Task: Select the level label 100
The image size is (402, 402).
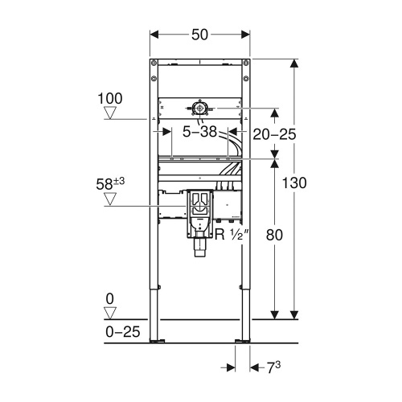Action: coord(110,99)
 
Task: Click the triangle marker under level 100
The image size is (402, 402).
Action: coord(110,115)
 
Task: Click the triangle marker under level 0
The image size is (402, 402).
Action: coord(110,314)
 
